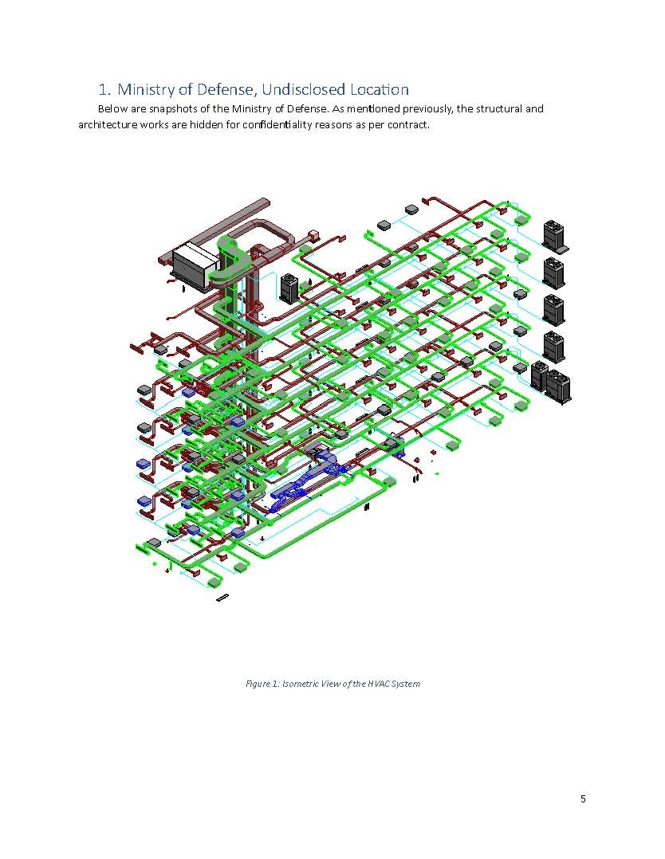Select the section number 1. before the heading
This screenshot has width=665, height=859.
click(x=105, y=89)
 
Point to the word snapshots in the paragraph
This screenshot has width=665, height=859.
click(x=171, y=109)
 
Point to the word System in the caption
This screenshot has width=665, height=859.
click(x=406, y=684)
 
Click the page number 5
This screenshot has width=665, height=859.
click(x=583, y=798)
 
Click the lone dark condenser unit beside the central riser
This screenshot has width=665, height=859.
click(x=289, y=288)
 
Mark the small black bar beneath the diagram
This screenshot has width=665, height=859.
click(x=222, y=597)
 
